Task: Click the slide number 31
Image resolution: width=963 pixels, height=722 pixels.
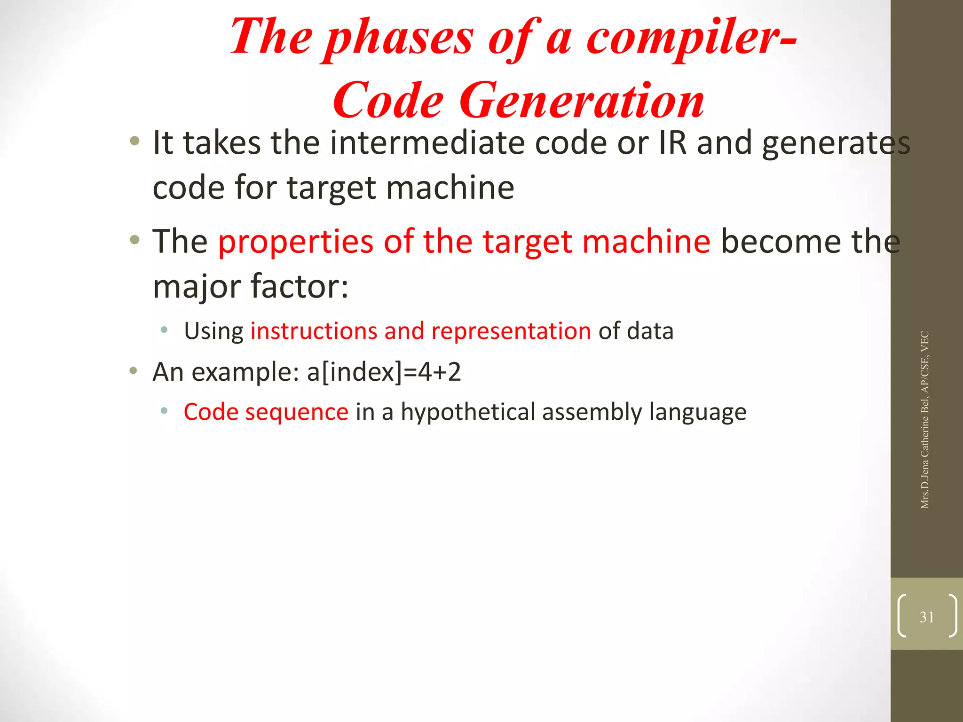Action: pos(927,617)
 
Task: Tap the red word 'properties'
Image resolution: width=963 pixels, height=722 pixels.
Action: pos(296,242)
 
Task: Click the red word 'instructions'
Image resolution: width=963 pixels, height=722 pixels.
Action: pos(314,331)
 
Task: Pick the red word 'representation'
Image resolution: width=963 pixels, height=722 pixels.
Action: pos(511,331)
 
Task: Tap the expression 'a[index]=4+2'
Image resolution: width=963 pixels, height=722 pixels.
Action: pos(384,372)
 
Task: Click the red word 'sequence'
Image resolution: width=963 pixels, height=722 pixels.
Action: pos(297,413)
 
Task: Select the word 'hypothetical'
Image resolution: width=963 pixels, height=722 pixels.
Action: pos(468,413)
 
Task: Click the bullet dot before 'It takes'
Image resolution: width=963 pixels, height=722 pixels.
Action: pos(135,141)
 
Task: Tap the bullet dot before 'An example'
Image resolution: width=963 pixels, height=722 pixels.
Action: pos(134,371)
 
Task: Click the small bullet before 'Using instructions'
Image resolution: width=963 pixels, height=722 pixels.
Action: pos(164,330)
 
